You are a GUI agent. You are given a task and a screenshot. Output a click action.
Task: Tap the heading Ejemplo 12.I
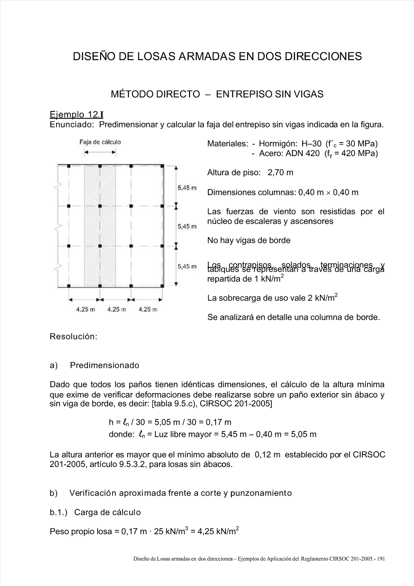pos(76,114)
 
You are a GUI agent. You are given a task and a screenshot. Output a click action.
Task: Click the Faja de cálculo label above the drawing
pos(100,142)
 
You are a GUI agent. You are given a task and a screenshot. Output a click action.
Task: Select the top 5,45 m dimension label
pos(187,188)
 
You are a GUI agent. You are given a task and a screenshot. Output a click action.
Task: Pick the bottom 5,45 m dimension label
pos(187,266)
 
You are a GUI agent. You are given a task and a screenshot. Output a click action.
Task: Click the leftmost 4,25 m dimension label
pos(85,310)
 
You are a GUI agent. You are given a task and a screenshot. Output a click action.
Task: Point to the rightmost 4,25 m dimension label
pos(148,310)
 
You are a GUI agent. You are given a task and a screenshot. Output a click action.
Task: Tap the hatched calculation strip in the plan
pos(100,226)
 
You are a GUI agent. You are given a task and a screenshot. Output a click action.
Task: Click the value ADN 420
pos(302,154)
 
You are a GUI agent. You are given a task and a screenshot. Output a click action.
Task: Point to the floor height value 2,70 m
pos(280,173)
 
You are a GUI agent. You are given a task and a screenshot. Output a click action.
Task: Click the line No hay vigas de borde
pos(248,240)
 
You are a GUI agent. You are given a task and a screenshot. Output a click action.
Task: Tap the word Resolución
pos(73,336)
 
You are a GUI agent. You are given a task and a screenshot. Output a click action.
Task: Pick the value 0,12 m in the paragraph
pos(267,455)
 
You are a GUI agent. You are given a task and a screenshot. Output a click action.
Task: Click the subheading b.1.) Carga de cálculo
pos(95,512)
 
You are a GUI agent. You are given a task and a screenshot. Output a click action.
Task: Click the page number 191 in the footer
pos(381,568)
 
